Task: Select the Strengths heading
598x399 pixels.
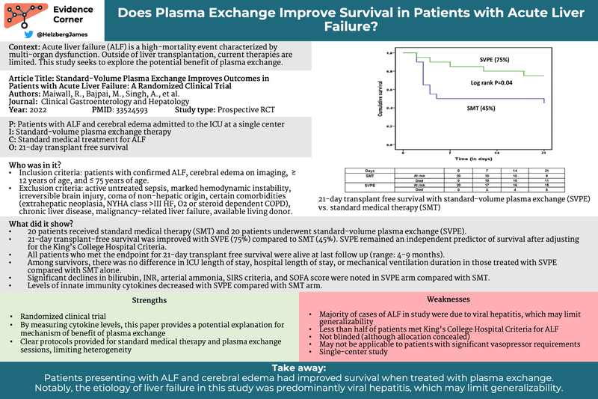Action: coord(149,300)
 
